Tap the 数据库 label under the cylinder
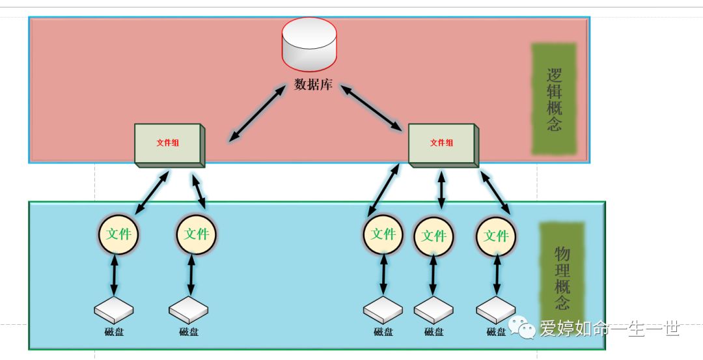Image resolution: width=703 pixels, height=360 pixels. pos(313,85)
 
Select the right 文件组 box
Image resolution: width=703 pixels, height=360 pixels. pos(443,144)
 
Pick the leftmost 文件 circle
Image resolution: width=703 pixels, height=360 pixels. pos(118,234)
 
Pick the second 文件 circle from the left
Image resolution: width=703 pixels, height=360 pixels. pos(196,234)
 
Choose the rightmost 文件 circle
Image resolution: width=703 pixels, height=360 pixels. pos(496,236)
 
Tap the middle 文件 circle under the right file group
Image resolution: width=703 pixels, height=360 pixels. pos(434,236)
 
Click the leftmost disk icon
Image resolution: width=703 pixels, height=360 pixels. pos(114,311)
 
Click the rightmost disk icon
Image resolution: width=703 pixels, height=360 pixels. pos(496,311)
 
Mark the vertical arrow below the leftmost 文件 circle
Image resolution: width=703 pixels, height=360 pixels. pos(115,276)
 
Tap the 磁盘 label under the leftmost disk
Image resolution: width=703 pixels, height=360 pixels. pos(114,332)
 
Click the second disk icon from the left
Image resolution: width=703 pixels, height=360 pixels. pos(189,311)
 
